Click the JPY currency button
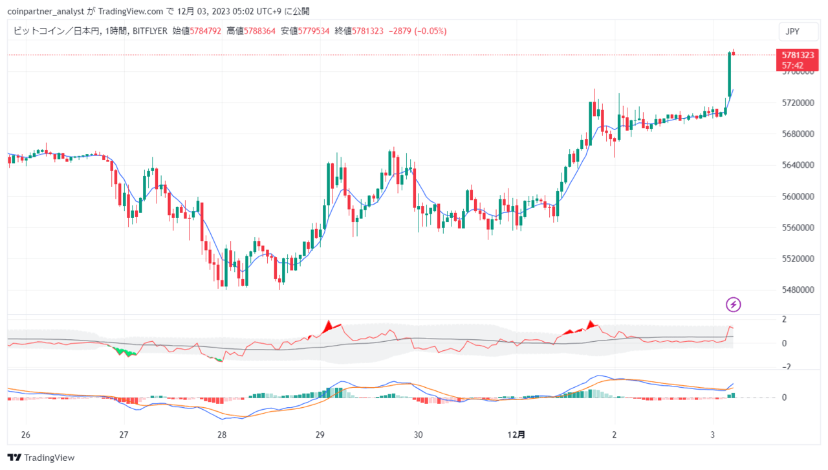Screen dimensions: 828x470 (x=798, y=32)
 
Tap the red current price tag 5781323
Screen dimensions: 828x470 (x=798, y=60)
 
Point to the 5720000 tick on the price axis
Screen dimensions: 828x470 (x=798, y=102)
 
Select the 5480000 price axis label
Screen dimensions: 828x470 (x=798, y=290)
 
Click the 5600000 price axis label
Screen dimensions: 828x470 (x=798, y=196)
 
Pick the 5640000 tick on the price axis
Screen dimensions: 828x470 (x=798, y=165)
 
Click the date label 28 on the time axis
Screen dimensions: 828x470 (x=222, y=434)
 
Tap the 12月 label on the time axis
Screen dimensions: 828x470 (x=516, y=434)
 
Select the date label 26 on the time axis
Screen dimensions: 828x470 (x=25, y=434)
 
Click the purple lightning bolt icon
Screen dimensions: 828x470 (x=734, y=304)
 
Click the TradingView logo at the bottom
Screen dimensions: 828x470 (x=41, y=458)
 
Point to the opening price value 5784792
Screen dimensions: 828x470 (x=206, y=31)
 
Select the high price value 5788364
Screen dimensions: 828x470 (x=259, y=31)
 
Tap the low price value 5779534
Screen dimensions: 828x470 (x=314, y=31)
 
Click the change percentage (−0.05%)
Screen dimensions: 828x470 (x=431, y=31)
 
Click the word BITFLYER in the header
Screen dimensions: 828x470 (x=149, y=31)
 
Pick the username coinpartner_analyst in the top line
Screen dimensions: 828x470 (x=46, y=12)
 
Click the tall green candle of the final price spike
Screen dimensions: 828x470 (x=730, y=74)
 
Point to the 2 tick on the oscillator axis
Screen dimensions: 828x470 (x=784, y=319)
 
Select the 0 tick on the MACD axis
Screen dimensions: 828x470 (x=784, y=397)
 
